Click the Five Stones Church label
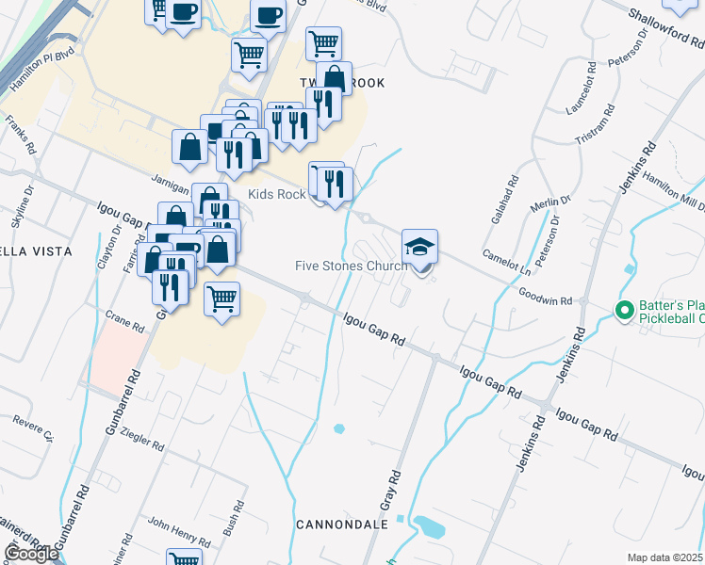[x=350, y=266]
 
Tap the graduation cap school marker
[x=420, y=248]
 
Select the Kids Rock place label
[x=276, y=194]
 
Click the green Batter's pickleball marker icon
[x=623, y=310]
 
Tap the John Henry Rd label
[x=178, y=532]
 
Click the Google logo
[x=31, y=553]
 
